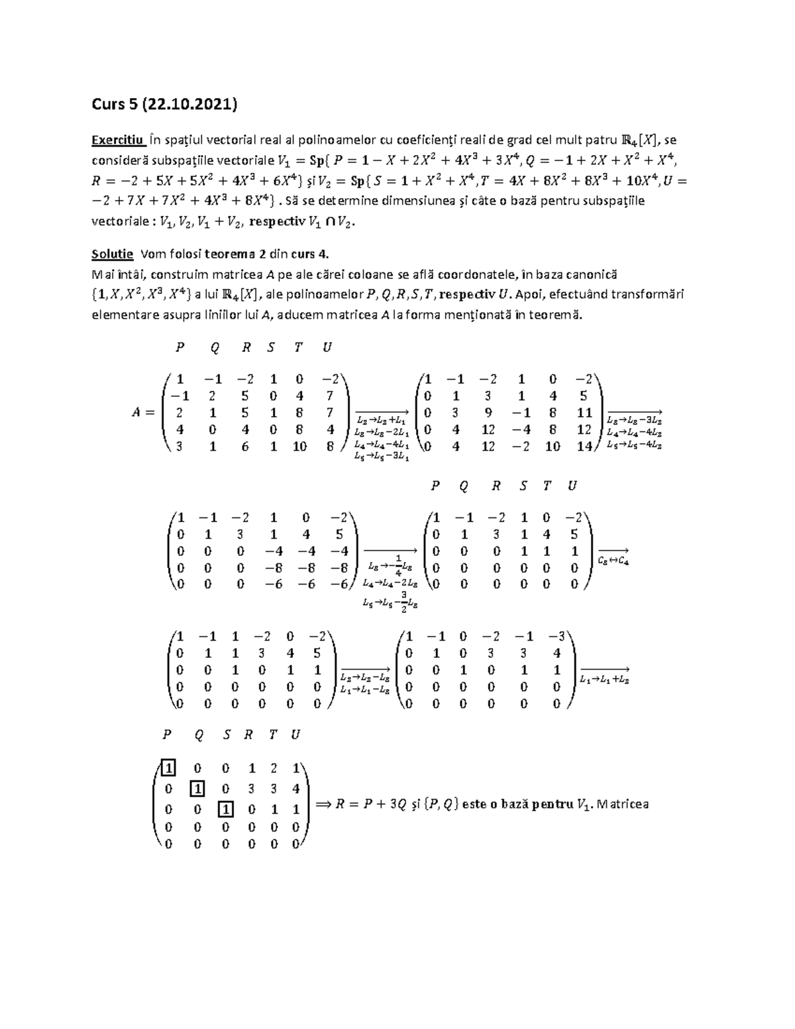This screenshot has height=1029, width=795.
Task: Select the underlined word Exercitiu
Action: (118, 140)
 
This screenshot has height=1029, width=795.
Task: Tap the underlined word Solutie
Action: (112, 254)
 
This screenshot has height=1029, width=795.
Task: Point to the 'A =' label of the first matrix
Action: (142, 412)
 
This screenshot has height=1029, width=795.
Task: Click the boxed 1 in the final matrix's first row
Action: (168, 769)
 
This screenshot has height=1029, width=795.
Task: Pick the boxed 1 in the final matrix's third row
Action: (227, 809)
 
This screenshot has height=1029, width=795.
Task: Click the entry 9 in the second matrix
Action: (488, 413)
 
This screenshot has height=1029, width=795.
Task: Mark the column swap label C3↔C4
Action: (613, 559)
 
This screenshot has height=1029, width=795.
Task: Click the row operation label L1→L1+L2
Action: (604, 679)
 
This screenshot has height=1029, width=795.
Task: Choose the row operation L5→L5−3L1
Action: (382, 457)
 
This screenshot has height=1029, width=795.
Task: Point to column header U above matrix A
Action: (327, 347)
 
